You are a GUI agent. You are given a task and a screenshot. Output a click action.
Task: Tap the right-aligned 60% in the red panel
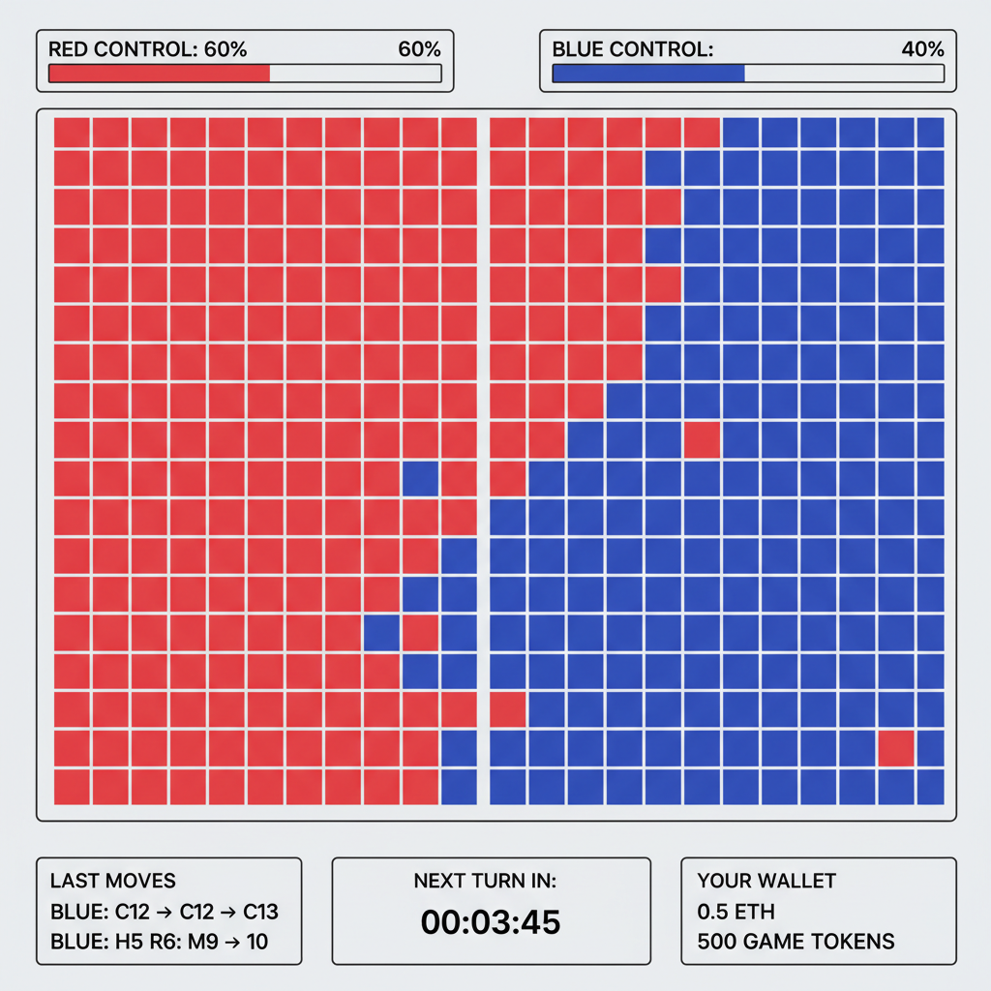pyautogui.click(x=419, y=49)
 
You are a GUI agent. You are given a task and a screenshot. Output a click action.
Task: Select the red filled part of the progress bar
pyautogui.click(x=159, y=74)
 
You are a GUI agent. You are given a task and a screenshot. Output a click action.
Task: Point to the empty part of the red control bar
pyautogui.click(x=354, y=74)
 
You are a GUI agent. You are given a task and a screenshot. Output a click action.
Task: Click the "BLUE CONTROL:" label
pyautogui.click(x=632, y=49)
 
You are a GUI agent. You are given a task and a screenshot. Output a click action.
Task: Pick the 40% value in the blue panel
pyautogui.click(x=922, y=49)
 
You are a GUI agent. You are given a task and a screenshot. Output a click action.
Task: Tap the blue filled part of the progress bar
pyautogui.click(x=647, y=74)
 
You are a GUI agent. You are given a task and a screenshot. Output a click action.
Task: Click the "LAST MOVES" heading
pyautogui.click(x=112, y=881)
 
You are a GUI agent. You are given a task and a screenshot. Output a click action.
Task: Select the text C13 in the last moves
pyautogui.click(x=260, y=912)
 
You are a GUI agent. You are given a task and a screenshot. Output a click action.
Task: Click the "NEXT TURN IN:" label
pyautogui.click(x=491, y=881)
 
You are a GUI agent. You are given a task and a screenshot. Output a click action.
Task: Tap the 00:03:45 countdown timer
pyautogui.click(x=491, y=921)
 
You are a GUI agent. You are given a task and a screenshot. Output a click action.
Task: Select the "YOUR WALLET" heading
pyautogui.click(x=766, y=881)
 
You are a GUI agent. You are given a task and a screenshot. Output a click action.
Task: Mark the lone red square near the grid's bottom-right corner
pyautogui.click(x=896, y=748)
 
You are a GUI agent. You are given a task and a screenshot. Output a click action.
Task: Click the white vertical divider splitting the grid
pyautogui.click(x=483, y=460)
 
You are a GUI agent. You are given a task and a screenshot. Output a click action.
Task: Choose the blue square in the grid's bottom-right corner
pyautogui.click(x=930, y=787)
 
